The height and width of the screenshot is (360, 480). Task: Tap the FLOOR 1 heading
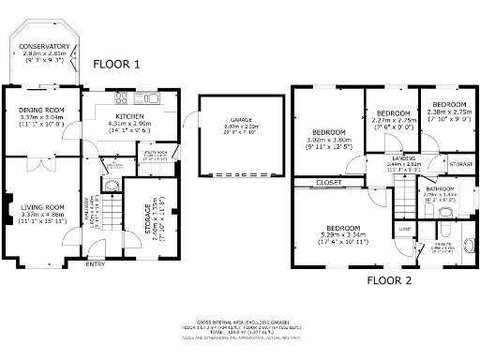[x=117, y=64]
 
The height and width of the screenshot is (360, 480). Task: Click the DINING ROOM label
[x=40, y=110]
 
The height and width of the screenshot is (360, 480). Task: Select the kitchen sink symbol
[x=154, y=97]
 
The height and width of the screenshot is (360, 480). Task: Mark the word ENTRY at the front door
[x=96, y=264]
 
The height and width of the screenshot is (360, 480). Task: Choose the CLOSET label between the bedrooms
[x=328, y=182]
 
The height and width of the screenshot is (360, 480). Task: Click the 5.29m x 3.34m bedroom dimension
[x=344, y=235]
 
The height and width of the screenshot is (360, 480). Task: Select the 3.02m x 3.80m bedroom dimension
[x=329, y=139]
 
